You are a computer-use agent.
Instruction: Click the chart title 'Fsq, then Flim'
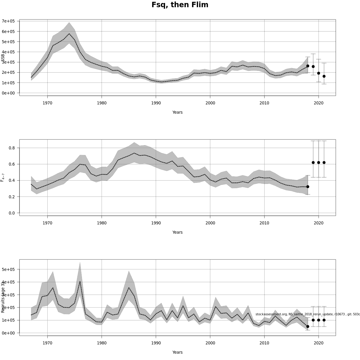point(180,5)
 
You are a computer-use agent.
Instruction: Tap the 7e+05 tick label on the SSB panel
point(8,21)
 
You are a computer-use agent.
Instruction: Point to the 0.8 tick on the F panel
point(11,148)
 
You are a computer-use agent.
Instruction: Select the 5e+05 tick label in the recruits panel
point(8,269)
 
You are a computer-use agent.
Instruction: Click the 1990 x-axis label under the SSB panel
point(156,103)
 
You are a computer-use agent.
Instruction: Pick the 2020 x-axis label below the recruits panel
point(319,343)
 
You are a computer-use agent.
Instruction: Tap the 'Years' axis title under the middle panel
point(177,232)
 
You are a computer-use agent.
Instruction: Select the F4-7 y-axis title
point(3,177)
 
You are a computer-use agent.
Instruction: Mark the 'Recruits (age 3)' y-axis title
point(3,297)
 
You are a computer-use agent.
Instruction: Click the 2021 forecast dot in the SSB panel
point(324,76)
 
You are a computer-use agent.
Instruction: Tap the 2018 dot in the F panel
point(307,187)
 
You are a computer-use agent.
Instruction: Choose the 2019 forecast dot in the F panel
point(313,163)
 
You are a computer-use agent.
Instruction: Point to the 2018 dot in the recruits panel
point(307,326)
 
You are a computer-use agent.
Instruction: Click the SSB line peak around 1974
point(69,34)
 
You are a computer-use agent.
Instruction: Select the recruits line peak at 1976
point(80,281)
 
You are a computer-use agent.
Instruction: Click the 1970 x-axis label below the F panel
point(47,223)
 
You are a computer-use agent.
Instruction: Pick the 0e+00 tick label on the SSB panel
point(8,93)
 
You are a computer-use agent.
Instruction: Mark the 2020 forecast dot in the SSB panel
point(319,73)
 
